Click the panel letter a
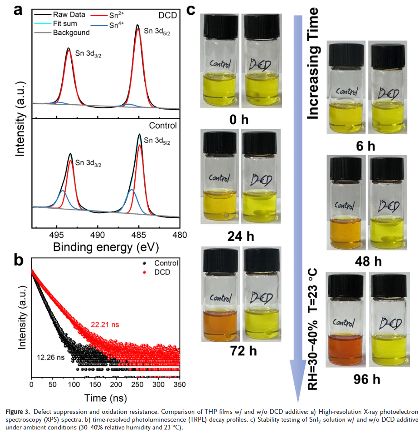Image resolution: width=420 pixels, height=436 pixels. tap(18, 10)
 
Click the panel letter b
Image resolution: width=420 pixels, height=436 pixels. tap(18, 260)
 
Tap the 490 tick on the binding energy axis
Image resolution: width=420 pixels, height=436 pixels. tap(97, 235)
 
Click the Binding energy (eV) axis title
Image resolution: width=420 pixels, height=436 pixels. tap(106, 247)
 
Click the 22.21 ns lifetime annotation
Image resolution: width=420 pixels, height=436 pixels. tap(105, 324)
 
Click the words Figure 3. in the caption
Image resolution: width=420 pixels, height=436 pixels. tap(17, 411)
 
